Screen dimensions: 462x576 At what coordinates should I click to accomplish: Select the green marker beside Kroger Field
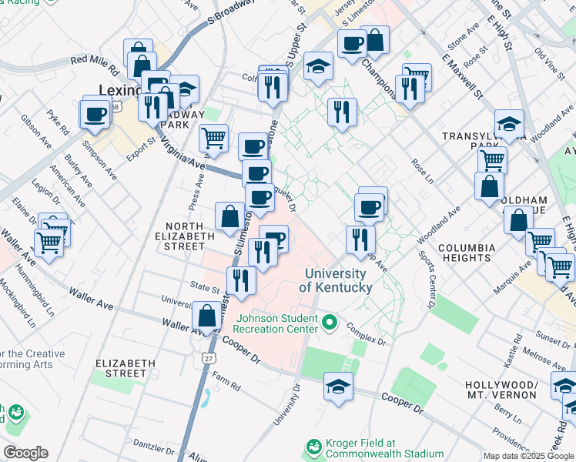(x=313, y=447)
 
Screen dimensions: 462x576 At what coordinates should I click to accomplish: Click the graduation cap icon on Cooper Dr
(x=338, y=387)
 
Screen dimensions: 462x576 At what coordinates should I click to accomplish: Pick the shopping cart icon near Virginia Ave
(x=213, y=139)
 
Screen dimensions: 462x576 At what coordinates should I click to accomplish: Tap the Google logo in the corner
(x=25, y=453)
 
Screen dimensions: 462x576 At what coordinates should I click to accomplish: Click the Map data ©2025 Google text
(x=528, y=456)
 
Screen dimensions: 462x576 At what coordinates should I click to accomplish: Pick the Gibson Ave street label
(x=36, y=133)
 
